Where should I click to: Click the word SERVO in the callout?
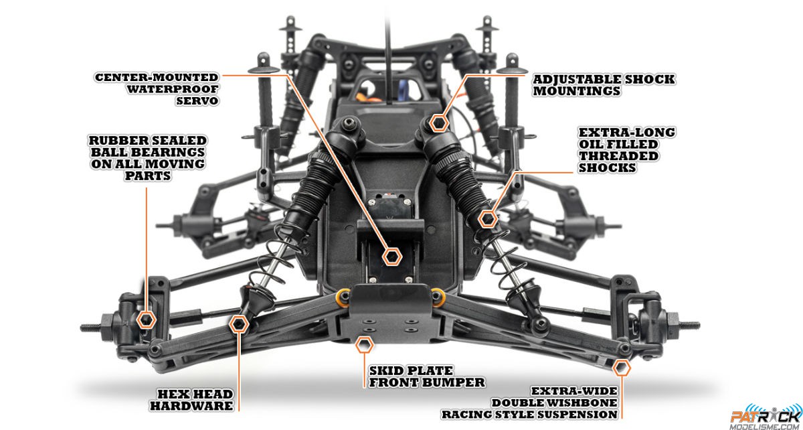pos(197,101)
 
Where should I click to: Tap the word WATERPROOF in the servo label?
pos(173,89)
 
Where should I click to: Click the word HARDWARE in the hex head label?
pos(192,406)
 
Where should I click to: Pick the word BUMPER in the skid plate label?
pos(453,382)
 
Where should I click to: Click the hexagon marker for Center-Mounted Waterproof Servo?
pos(391,257)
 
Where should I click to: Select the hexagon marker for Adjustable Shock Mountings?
pos(439,123)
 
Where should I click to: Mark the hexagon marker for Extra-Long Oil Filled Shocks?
pos(488,218)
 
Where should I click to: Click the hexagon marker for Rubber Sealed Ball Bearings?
pos(147,319)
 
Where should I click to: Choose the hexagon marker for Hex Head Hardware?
pos(239,324)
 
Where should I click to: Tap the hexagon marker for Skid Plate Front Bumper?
pos(364,345)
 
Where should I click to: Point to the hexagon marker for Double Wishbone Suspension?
pos(621,368)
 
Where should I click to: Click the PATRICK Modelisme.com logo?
pos(766,417)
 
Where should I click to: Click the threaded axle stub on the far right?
pos(689,326)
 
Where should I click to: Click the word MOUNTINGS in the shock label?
pos(576,91)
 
